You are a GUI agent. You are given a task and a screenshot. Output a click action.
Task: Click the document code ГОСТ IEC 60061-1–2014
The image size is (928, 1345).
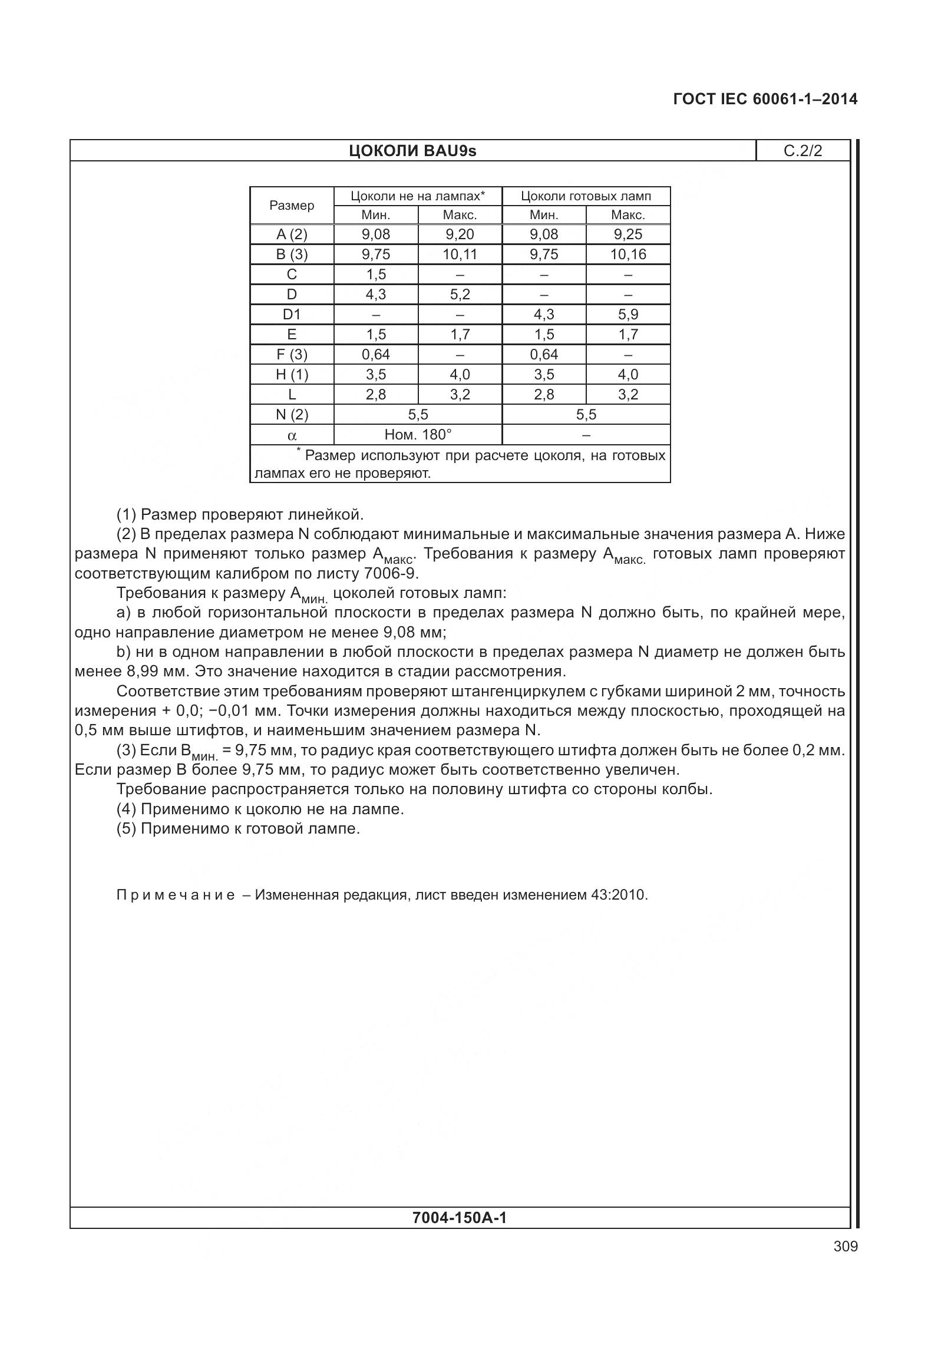click(x=765, y=99)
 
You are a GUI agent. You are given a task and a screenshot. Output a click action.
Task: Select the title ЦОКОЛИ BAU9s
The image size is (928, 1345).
click(x=412, y=151)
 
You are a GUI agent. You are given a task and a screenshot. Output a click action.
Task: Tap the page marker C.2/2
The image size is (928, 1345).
click(x=802, y=151)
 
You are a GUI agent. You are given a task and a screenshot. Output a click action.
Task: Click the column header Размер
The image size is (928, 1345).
click(x=292, y=206)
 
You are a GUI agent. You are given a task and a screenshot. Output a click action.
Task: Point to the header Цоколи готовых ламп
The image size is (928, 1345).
click(x=586, y=196)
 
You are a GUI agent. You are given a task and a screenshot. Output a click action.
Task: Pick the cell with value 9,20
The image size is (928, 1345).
click(x=460, y=234)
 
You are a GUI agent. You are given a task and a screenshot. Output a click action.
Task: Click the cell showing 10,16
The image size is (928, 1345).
click(x=628, y=255)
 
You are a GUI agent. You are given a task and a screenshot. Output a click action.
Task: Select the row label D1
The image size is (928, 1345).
click(x=292, y=315)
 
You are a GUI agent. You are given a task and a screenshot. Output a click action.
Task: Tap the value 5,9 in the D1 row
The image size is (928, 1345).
click(x=628, y=315)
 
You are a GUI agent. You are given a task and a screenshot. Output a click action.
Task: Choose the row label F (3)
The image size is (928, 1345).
click(x=292, y=355)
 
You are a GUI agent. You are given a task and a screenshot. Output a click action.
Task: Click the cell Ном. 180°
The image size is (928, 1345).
click(x=418, y=435)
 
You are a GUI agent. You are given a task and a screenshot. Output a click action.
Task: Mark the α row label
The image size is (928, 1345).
click(x=292, y=436)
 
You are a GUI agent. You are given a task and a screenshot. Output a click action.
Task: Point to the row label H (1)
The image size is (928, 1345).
click(x=292, y=375)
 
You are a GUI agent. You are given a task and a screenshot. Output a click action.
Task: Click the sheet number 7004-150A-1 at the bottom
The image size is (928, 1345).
click(x=460, y=1218)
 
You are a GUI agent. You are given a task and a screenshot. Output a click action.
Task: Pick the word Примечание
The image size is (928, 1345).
click(x=176, y=895)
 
